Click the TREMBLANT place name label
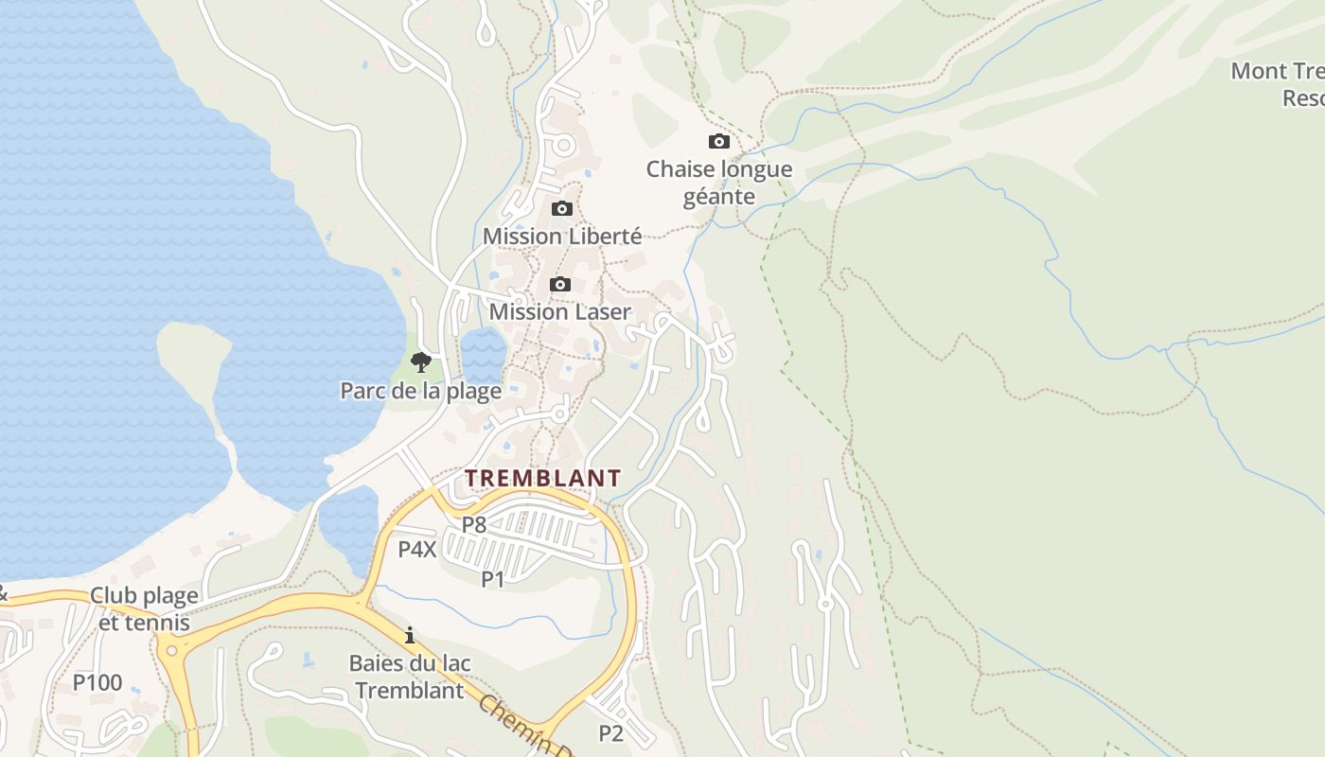click(x=543, y=478)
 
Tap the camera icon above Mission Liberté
click(x=562, y=208)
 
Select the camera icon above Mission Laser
click(x=560, y=284)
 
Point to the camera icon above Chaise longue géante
click(x=719, y=142)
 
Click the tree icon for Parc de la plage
click(x=421, y=361)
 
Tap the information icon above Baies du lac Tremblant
click(x=410, y=635)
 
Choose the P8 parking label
click(x=474, y=524)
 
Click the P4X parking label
click(x=417, y=549)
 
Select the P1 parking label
click(x=493, y=579)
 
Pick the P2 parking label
click(x=611, y=732)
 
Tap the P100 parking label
click(x=97, y=682)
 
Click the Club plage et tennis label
click(x=145, y=608)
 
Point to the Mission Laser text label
click(x=560, y=311)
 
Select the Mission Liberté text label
click(x=562, y=236)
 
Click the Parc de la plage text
click(x=421, y=390)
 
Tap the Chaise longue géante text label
click(x=719, y=183)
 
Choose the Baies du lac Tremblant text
click(x=410, y=677)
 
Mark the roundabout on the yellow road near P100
click(x=170, y=650)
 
